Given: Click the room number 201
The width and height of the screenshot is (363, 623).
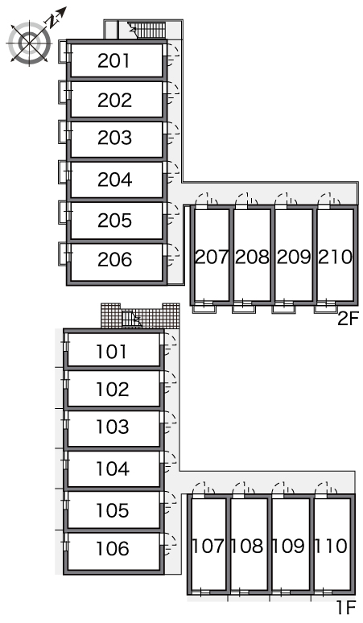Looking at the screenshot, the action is coord(113,61).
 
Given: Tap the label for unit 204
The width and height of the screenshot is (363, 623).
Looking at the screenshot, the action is coord(114,179).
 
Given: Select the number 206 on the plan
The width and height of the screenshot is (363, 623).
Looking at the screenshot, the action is coord(114,259).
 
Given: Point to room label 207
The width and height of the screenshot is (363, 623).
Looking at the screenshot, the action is coord(212,257).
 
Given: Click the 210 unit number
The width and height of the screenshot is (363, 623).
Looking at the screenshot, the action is coord(335,257).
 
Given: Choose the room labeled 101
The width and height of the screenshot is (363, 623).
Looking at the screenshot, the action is coord(112,352).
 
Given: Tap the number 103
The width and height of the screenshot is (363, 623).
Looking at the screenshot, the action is coord(113,427).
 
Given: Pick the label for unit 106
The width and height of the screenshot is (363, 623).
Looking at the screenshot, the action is coord(113,549).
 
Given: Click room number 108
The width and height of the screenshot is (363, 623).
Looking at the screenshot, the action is coord(246,546).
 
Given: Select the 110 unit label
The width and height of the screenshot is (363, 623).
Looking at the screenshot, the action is coord(331,546).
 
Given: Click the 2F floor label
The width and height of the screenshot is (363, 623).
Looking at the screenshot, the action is coord(348,319).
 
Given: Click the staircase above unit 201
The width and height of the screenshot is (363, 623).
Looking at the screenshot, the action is coord(151,31).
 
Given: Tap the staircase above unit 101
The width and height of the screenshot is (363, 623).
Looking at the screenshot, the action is coord(131,320).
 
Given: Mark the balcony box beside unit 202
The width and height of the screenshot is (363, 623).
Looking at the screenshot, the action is coord(63,93).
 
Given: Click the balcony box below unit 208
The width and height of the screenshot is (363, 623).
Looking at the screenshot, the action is coord(244,309).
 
